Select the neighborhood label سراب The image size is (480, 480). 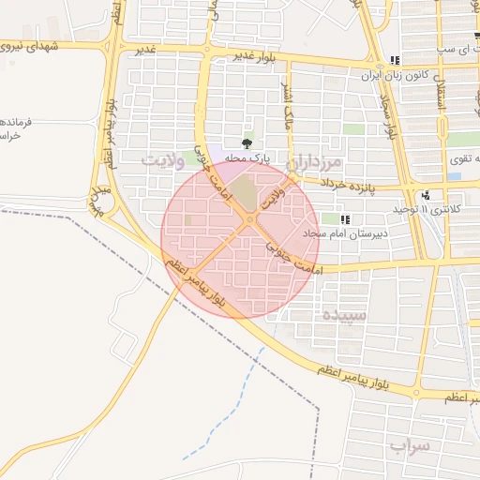point(406,446)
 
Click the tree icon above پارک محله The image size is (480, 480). point(247,143)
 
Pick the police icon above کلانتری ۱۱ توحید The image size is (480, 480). point(427,195)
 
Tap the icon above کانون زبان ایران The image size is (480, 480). point(395,60)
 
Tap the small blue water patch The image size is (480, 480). point(454,175)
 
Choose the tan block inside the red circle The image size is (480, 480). point(244,193)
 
